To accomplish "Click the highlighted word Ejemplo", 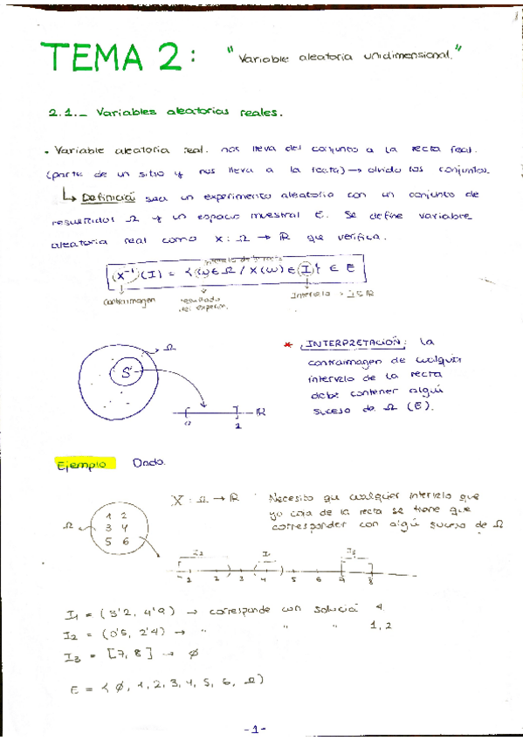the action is (x=81, y=463).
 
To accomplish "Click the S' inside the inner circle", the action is (x=127, y=372).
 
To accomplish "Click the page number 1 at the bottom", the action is (x=261, y=728).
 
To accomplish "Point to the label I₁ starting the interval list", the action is (x=73, y=613).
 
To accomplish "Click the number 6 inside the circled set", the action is (x=125, y=542).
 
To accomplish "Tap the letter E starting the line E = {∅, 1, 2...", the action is (x=73, y=689).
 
